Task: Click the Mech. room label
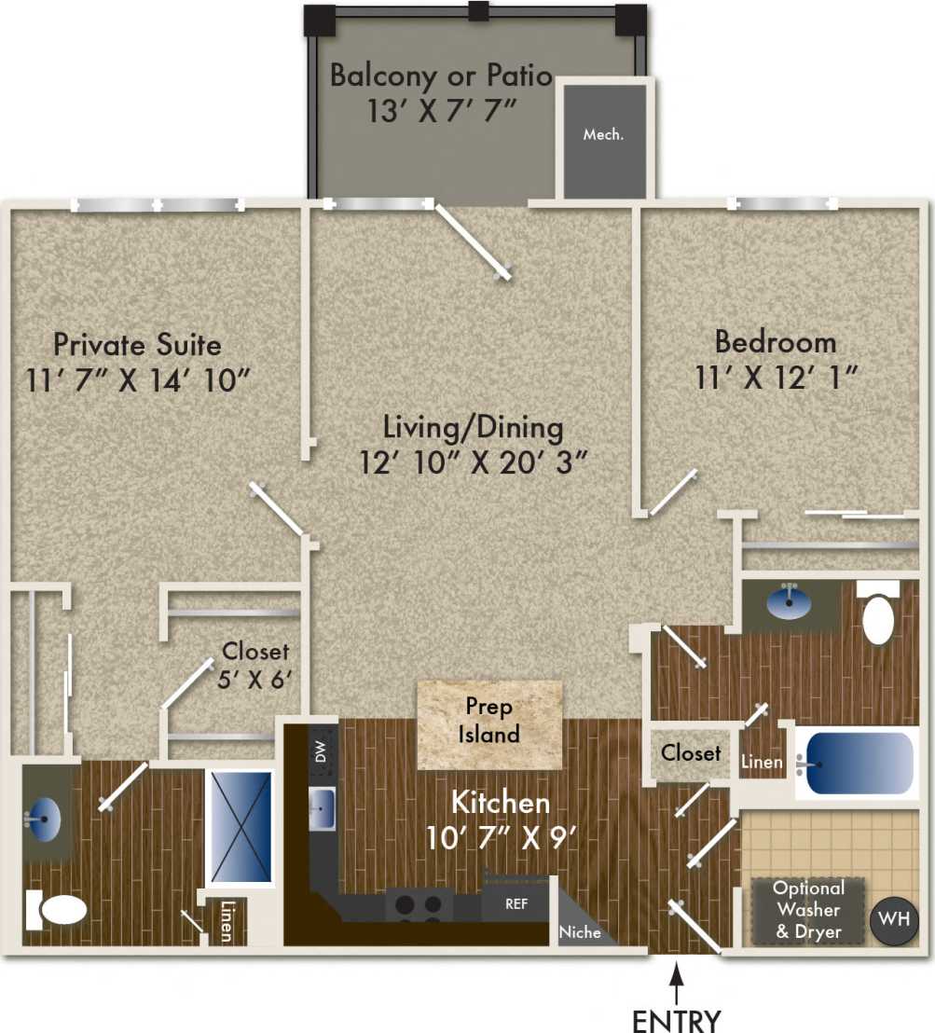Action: click(603, 134)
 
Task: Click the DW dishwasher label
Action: click(321, 752)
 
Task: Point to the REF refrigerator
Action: click(516, 903)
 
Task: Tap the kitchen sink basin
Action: click(322, 805)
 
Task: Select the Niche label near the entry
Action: click(580, 931)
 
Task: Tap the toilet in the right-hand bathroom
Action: click(878, 616)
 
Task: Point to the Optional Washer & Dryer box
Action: click(807, 910)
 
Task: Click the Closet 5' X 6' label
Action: click(255, 664)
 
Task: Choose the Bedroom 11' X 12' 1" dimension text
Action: click(776, 377)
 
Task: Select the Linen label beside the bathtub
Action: click(763, 763)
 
